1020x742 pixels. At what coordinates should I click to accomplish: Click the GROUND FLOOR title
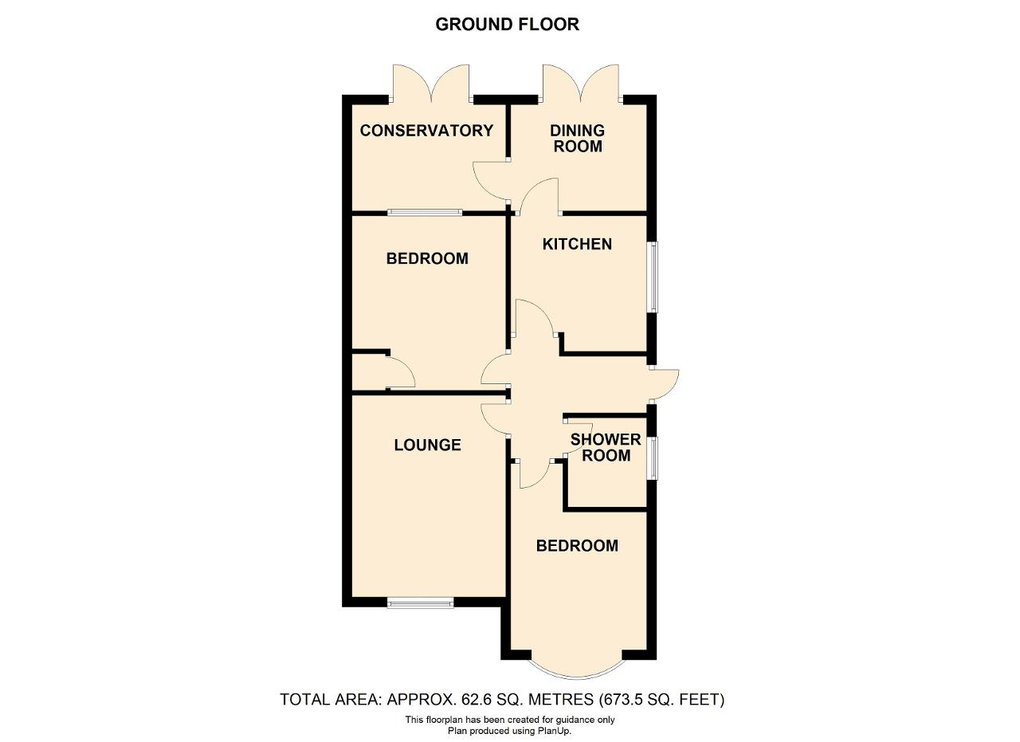508,24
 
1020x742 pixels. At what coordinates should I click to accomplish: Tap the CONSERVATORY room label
426,131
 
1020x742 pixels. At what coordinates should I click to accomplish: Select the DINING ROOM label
578,139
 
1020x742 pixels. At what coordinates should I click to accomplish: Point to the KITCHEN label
577,244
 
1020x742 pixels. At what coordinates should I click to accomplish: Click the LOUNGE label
427,445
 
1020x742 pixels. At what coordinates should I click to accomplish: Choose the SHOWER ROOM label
606,447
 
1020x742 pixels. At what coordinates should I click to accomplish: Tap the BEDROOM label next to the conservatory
427,259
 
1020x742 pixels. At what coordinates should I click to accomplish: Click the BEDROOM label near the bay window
577,546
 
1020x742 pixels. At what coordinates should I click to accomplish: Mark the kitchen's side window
653,277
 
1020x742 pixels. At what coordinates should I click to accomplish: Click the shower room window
653,458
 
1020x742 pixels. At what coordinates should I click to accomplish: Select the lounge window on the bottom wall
420,603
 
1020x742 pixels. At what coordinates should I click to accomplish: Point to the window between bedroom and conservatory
425,212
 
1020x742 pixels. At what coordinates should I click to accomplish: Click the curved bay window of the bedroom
577,674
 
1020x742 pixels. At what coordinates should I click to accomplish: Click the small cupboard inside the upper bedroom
370,372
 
